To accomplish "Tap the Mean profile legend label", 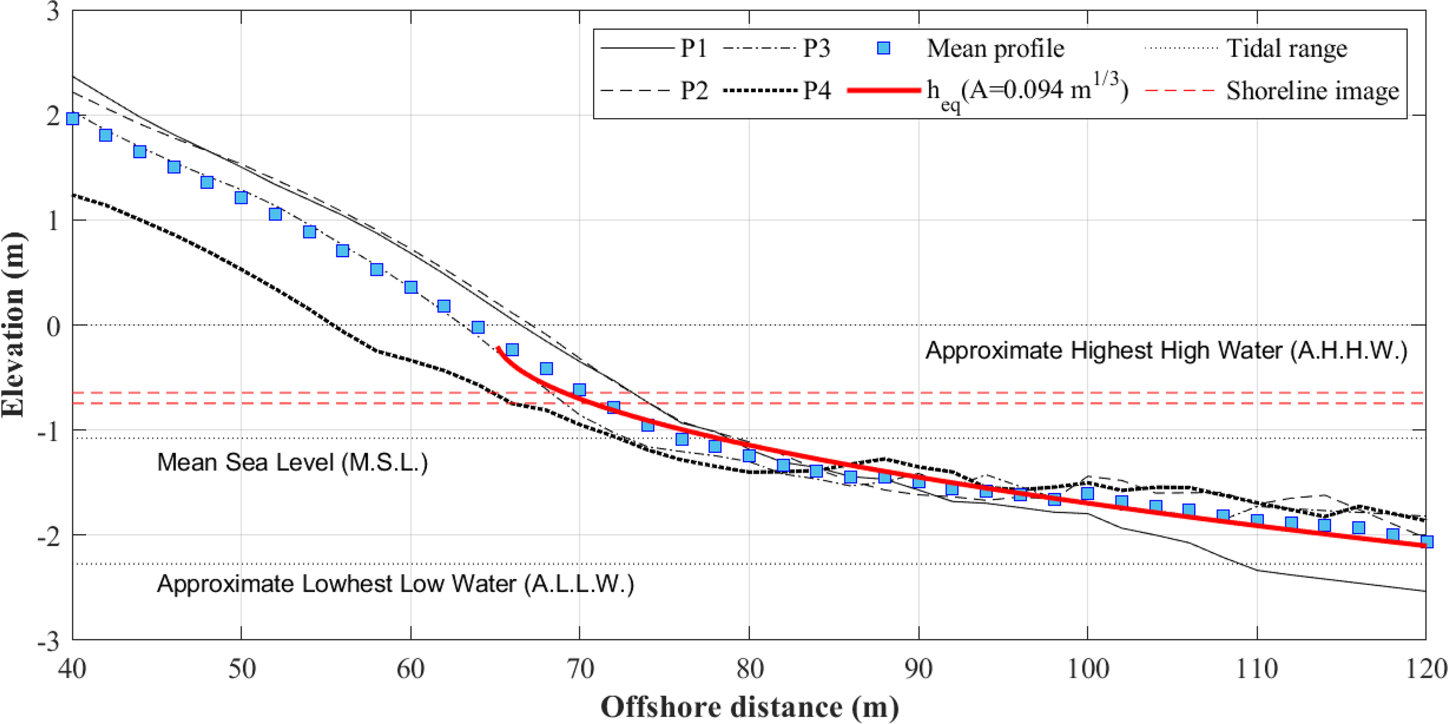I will pyautogui.click(x=995, y=48).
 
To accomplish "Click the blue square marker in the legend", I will pyautogui.click(x=883, y=48).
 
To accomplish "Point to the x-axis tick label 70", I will pyautogui.click(x=579, y=670).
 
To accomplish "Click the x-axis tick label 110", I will pyautogui.click(x=1257, y=670).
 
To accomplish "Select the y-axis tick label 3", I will pyautogui.click(x=53, y=12).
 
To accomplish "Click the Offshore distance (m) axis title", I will pyautogui.click(x=749, y=707).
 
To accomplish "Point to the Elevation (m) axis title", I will pyautogui.click(x=13, y=324).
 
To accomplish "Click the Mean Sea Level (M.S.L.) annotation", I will pyautogui.click(x=292, y=462).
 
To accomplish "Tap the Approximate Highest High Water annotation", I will pyautogui.click(x=1166, y=350).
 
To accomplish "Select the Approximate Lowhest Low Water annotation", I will pyautogui.click(x=396, y=584).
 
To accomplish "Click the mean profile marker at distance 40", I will pyautogui.click(x=72, y=119).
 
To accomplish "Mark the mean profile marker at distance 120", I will pyautogui.click(x=1427, y=542).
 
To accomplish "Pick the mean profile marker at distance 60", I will pyautogui.click(x=411, y=287).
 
